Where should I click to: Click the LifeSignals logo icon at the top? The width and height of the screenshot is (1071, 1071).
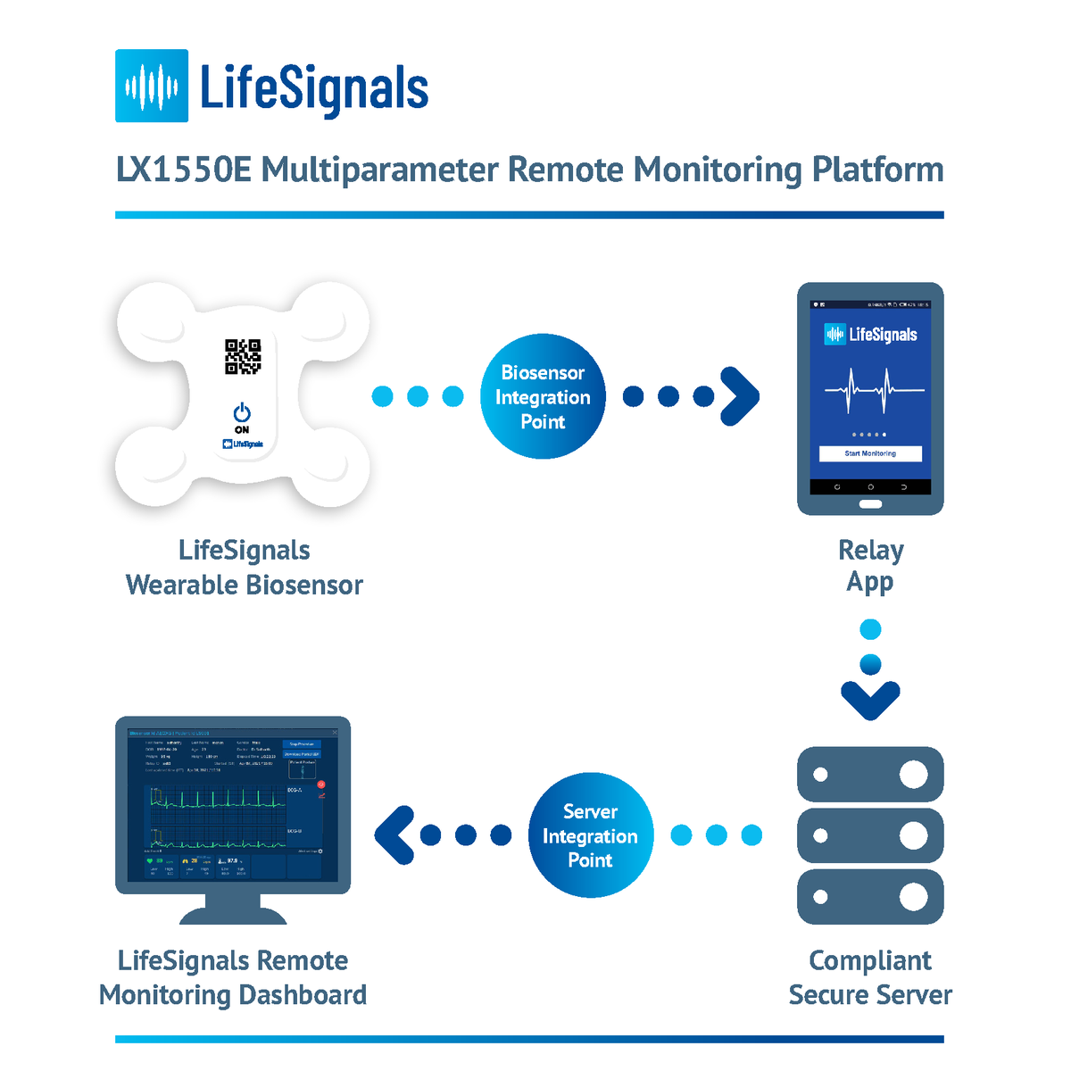pos(152,86)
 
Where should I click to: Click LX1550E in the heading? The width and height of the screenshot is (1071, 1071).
pos(183,170)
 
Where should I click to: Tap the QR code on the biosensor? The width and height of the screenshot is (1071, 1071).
pos(243,356)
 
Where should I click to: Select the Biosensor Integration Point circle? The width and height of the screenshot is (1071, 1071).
pos(543,396)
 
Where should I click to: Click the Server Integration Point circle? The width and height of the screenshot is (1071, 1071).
pos(590,835)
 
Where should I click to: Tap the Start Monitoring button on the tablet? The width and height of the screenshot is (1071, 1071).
pos(870,453)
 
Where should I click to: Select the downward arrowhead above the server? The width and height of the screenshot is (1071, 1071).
pos(870,699)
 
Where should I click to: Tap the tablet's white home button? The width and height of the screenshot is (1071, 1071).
pos(870,504)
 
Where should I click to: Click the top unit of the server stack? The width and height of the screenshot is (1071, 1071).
pos(870,774)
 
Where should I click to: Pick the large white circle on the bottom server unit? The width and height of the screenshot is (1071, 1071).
pos(913,896)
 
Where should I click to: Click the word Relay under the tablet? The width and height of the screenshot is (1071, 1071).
pos(870,550)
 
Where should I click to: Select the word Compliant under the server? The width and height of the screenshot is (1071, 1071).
pos(870,960)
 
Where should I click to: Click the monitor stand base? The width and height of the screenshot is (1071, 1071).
pos(233,916)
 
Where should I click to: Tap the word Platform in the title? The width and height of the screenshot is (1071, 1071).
pos(877,170)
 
